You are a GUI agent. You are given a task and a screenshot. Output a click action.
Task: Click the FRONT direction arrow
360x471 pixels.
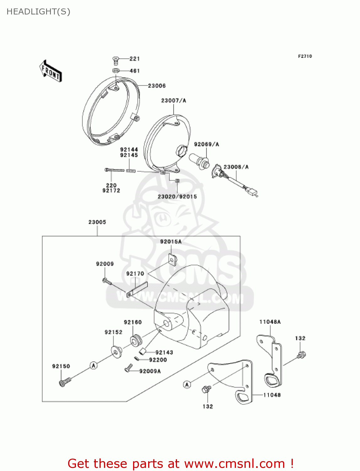click(51, 71)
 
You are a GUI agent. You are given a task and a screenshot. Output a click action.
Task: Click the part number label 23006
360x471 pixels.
click(157, 86)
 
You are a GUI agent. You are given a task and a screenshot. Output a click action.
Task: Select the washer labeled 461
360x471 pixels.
click(116, 71)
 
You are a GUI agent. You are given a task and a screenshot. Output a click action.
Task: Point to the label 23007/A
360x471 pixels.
click(174, 100)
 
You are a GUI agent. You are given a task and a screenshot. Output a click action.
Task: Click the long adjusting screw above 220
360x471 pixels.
click(115, 170)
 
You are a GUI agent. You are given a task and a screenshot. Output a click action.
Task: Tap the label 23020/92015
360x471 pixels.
click(177, 197)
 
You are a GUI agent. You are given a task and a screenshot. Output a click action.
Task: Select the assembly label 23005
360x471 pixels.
click(97, 222)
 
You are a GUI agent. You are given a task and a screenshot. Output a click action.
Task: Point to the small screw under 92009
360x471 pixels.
click(107, 281)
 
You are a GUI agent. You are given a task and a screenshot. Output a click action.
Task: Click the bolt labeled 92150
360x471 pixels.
click(65, 382)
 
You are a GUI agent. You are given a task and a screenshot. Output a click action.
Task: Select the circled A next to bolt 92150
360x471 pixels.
click(94, 365)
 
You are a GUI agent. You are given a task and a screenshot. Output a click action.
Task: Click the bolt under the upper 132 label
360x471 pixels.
click(301, 355)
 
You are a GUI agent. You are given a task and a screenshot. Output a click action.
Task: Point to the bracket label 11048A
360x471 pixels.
click(270, 322)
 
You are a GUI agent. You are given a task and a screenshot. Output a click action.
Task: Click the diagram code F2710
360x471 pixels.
click(305, 56)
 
